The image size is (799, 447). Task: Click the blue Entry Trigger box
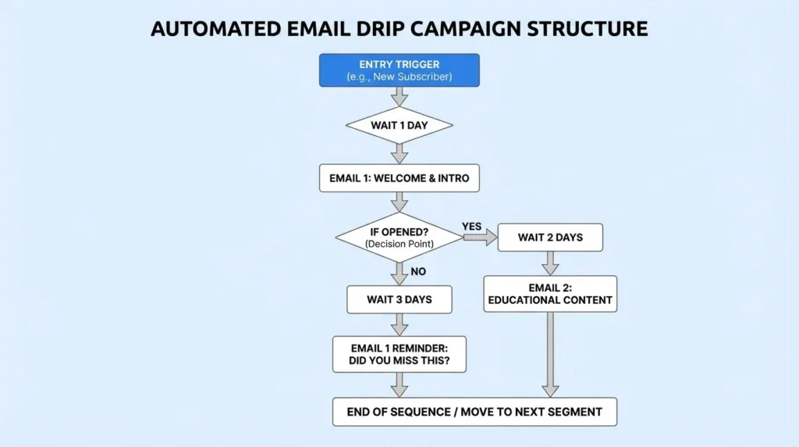[x=399, y=70]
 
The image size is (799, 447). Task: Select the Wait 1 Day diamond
[x=399, y=125]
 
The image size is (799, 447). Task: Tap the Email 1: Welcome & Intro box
[x=399, y=178]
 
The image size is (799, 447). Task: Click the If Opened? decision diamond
[x=399, y=237]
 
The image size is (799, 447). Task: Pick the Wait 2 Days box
[x=550, y=238]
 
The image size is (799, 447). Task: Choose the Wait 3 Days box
[x=399, y=299]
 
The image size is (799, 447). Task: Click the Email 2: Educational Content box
[x=550, y=294]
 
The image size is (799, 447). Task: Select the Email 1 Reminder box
[x=399, y=354]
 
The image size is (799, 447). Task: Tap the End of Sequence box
[x=474, y=412]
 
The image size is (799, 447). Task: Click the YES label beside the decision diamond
[x=472, y=226]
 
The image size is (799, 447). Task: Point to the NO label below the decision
[x=418, y=272]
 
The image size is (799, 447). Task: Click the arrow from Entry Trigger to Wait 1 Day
[x=399, y=96]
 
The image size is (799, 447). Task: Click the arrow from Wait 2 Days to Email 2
[x=550, y=263]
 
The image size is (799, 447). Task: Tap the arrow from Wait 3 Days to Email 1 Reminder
[x=399, y=324]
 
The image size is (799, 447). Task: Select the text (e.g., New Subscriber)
[x=399, y=77]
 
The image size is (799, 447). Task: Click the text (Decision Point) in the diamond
[x=399, y=245]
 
